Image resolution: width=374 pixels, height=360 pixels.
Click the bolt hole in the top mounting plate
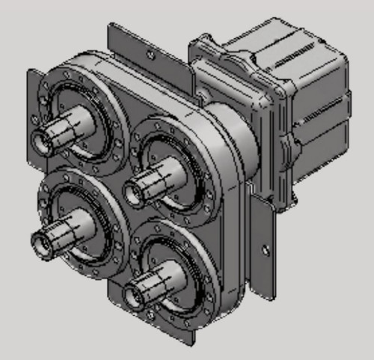tap(152, 55)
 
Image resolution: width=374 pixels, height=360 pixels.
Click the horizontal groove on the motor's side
tap(314, 135)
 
